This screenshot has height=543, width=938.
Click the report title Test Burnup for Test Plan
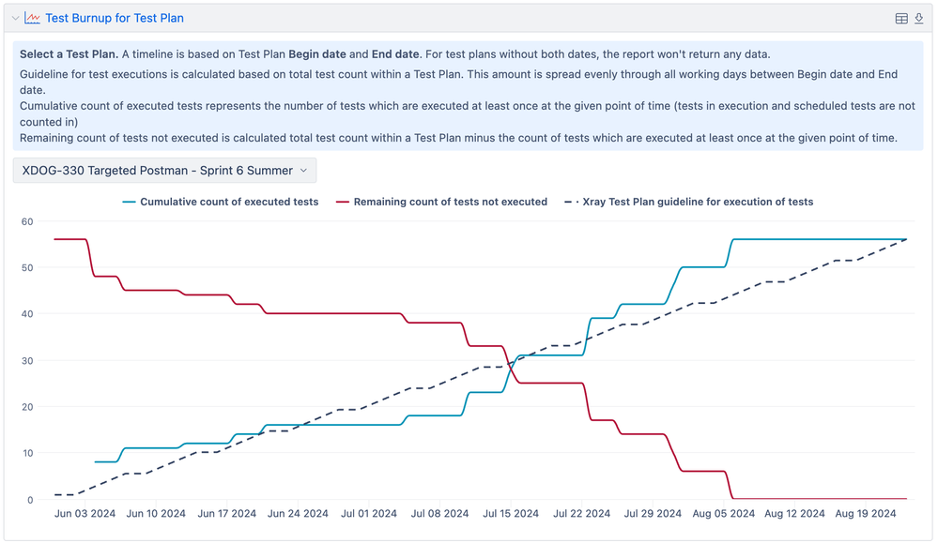pyautogui.click(x=115, y=18)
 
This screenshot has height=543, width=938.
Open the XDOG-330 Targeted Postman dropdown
pyautogui.click(x=165, y=171)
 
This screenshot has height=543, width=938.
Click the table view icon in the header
pyautogui.click(x=901, y=19)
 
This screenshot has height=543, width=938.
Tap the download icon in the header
pyautogui.click(x=919, y=19)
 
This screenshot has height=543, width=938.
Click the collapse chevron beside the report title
pyautogui.click(x=15, y=18)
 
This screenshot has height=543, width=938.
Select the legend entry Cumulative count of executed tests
pyautogui.click(x=229, y=202)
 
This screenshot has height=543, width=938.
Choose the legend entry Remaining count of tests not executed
pyautogui.click(x=450, y=202)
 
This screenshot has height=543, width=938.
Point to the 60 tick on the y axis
pyautogui.click(x=27, y=221)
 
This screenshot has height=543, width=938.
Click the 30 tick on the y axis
pyautogui.click(x=27, y=360)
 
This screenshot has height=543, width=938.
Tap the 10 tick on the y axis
pyautogui.click(x=27, y=453)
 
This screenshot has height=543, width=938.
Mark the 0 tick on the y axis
pyautogui.click(x=30, y=499)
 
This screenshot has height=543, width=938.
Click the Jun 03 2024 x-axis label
pyautogui.click(x=85, y=514)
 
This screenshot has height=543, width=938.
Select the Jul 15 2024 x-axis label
pyautogui.click(x=511, y=514)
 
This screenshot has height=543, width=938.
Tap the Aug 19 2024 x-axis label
pyautogui.click(x=866, y=514)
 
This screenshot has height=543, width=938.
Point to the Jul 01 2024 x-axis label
pyautogui.click(x=369, y=514)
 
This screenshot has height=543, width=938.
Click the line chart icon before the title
pyautogui.click(x=32, y=18)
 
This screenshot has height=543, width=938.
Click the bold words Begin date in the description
pyautogui.click(x=318, y=54)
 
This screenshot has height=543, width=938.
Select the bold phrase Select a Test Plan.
pyautogui.click(x=69, y=54)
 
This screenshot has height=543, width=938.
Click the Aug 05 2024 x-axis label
pyautogui.click(x=724, y=514)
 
